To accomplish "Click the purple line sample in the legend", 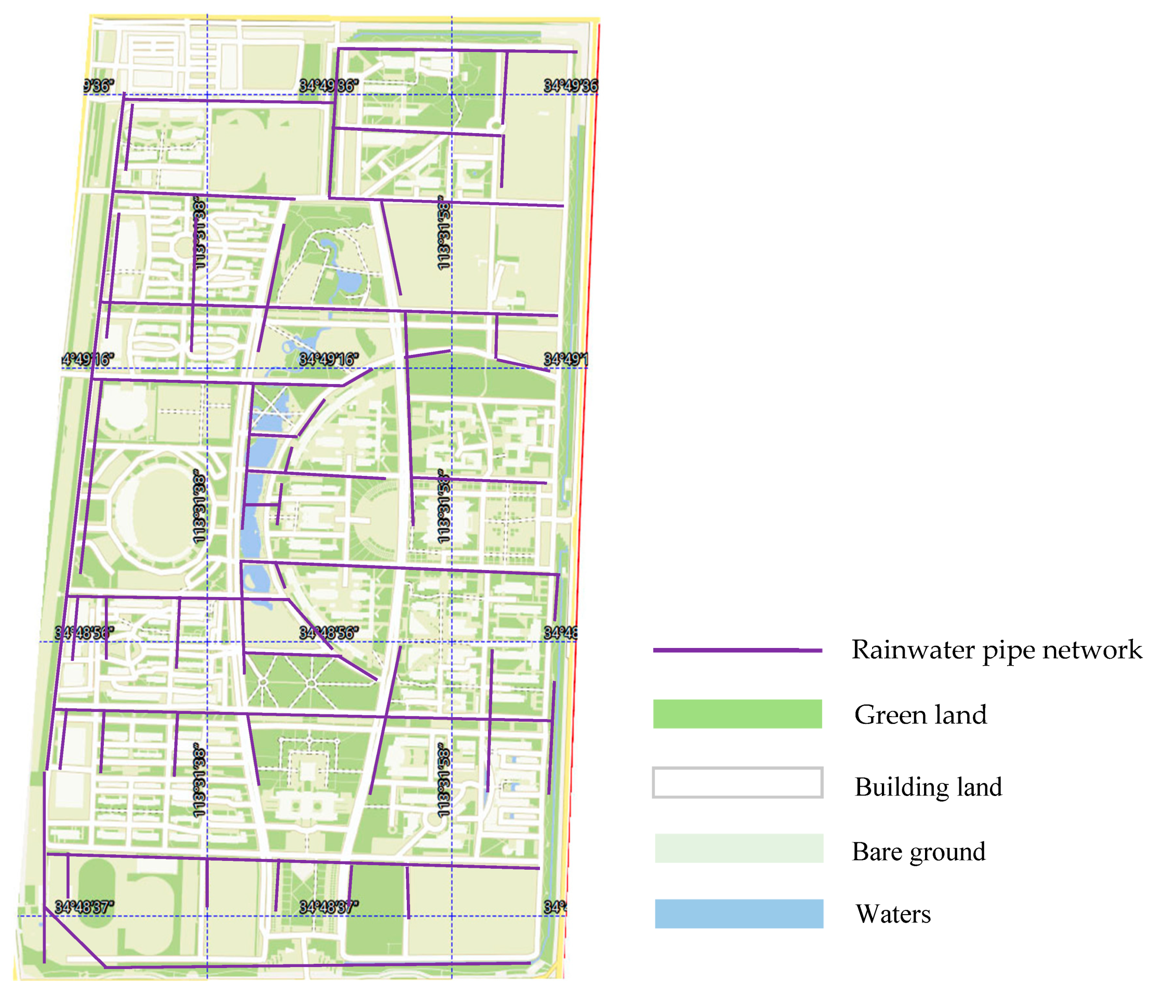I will coord(737,650).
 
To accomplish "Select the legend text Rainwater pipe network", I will coord(996,649).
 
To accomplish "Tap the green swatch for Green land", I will coord(737,714).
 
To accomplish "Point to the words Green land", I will coord(920,714).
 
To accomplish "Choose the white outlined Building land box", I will coord(737,782).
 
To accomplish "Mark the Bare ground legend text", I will coord(919,851).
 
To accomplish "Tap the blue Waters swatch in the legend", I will coord(738,914).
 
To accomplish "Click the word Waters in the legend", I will coord(893,914).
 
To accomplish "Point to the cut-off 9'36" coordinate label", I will coord(99,85).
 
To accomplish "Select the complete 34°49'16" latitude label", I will coord(328,359).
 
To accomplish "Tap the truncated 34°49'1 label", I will coord(565,359).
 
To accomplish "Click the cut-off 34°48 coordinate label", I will coord(560,633).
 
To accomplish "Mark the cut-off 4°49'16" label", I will coord(88,359).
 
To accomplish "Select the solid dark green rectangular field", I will coord(376,910).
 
